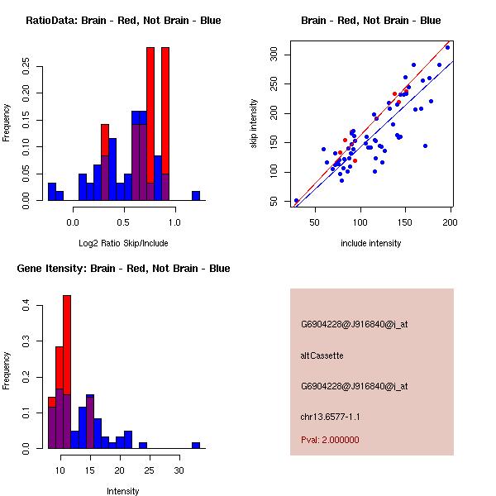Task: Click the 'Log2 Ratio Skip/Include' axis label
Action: (123, 243)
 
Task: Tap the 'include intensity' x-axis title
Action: (370, 243)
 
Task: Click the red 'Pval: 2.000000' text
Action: (330, 440)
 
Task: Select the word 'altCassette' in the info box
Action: (322, 355)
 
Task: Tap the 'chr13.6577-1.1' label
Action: (330, 417)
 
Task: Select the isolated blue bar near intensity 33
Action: (196, 445)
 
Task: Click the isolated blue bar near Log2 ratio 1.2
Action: (196, 195)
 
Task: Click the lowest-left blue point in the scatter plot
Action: (296, 201)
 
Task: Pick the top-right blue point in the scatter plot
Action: (447, 47)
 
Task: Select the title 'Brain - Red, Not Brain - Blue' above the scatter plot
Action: (370, 21)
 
